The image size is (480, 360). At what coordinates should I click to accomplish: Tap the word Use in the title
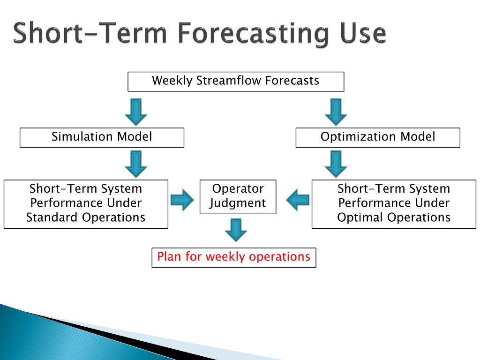pos(363,33)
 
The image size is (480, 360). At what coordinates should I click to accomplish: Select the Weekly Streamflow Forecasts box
pos(236,82)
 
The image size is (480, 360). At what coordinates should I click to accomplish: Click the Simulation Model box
pos(102,137)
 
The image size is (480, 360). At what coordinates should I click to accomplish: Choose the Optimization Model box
pos(378,137)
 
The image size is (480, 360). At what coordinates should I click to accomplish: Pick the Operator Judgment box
pos(238,197)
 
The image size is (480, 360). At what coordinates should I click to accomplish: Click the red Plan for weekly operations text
pos(234,256)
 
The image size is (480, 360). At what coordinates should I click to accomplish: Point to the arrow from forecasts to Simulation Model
pos(136,112)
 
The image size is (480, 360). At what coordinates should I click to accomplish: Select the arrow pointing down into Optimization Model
pos(336,112)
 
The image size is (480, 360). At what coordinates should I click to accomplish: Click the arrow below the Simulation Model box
pos(136,164)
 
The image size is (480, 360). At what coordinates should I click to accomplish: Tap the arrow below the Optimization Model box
pos(336,164)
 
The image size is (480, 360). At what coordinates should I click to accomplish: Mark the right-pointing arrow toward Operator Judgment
pos(182,200)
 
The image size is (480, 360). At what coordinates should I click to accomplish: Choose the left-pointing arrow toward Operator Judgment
pos(298,200)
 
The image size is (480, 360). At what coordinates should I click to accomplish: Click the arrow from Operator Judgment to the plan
pos(236,230)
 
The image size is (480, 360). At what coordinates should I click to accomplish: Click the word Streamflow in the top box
pos(229,81)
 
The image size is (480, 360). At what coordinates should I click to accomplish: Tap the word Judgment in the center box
pos(238,203)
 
